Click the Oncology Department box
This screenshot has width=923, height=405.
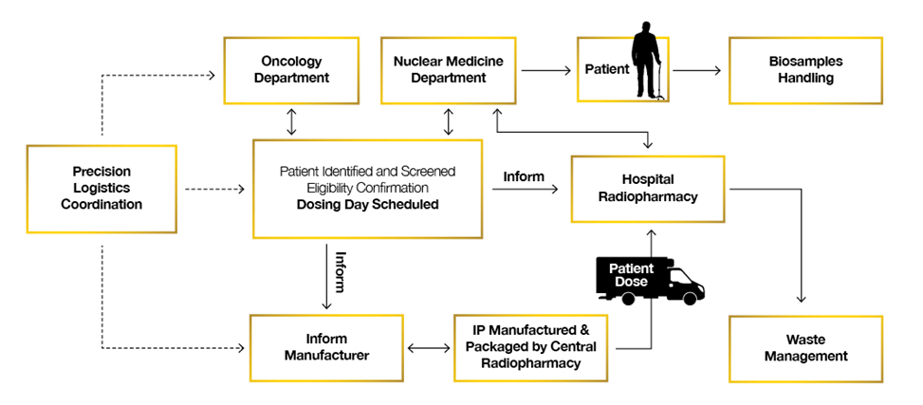291,71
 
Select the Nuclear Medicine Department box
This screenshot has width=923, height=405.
449,70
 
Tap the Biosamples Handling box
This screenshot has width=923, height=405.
805,70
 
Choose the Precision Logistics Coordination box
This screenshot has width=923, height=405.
102,188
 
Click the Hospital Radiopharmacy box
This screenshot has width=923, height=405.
647,188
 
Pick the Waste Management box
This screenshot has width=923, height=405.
805,347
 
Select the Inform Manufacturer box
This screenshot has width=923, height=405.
326,347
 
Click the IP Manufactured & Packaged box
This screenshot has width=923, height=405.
530,347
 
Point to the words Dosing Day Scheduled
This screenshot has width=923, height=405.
367,204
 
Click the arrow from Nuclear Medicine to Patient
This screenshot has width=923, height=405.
545,70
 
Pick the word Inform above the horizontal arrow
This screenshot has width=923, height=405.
524,175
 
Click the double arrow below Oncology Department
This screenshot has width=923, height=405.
291,120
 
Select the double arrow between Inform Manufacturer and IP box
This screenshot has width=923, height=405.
429,347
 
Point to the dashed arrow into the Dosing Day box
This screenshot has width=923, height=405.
216,190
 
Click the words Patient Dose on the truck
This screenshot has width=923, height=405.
633,275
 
